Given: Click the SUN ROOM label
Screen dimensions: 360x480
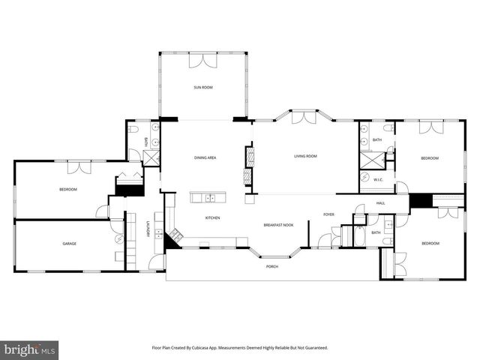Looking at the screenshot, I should (203, 88).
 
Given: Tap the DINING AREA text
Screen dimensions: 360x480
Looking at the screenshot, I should (205, 157).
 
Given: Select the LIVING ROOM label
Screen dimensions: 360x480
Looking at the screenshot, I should (304, 156).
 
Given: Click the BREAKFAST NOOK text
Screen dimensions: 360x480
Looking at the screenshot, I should (277, 225).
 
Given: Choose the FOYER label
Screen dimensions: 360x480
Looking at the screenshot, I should (328, 214).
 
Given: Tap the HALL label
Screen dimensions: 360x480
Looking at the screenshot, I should (380, 202).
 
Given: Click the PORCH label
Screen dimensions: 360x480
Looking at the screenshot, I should (272, 267).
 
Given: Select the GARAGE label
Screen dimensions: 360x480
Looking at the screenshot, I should (70, 244).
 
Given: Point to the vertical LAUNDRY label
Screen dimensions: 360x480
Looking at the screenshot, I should (148, 229).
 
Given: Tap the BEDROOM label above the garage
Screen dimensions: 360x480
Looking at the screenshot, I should (68, 189).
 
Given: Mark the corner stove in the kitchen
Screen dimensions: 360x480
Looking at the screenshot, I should (174, 235).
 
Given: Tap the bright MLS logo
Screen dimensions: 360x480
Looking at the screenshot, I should (30, 349).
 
